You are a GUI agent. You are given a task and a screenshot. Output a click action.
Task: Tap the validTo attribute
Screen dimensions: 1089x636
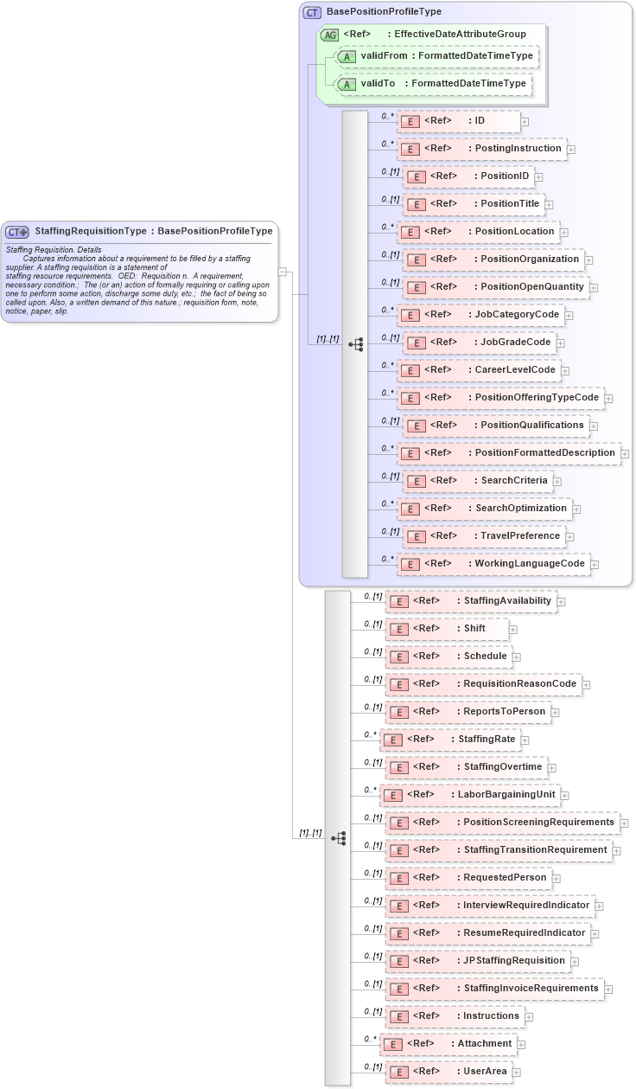(433, 84)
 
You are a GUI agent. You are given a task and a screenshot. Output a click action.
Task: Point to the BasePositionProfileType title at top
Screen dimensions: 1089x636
(384, 12)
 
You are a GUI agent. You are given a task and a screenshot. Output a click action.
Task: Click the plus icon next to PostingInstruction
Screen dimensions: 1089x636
(571, 150)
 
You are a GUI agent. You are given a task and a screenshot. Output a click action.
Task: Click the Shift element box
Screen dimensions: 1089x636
(447, 629)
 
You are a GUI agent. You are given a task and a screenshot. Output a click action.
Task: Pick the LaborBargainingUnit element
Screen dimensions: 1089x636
(470, 795)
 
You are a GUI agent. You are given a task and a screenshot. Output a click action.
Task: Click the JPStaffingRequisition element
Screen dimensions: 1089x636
(477, 961)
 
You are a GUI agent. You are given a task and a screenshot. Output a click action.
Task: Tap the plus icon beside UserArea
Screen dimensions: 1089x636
(517, 1073)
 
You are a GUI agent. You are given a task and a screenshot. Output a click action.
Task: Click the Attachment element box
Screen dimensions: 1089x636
(448, 1044)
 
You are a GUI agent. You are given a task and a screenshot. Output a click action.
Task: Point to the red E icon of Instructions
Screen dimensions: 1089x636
(399, 1016)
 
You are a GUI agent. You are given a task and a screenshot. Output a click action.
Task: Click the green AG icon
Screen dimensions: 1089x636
(329, 35)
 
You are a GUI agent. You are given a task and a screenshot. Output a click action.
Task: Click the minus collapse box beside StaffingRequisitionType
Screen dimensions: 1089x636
(282, 272)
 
